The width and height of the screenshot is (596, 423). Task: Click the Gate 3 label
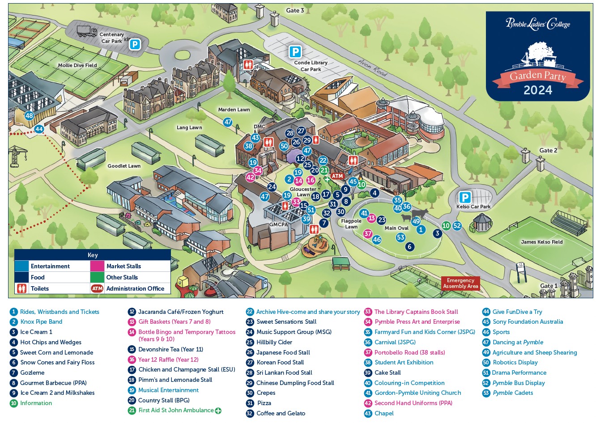pyautogui.click(x=295, y=10)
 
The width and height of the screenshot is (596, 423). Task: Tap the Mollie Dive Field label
pyautogui.click(x=77, y=65)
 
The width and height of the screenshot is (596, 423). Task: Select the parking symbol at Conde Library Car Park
pyautogui.click(x=295, y=51)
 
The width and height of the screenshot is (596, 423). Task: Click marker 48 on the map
pyautogui.click(x=29, y=116)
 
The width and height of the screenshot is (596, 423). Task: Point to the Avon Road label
pyautogui.click(x=372, y=68)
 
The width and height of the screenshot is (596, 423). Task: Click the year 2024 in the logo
pyautogui.click(x=538, y=90)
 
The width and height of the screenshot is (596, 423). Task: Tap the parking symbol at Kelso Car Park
pyautogui.click(x=465, y=198)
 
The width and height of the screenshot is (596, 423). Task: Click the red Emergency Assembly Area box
pyautogui.click(x=460, y=283)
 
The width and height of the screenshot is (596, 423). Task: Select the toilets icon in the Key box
pyautogui.click(x=21, y=288)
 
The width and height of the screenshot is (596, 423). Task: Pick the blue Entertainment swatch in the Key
pyautogui.click(x=21, y=266)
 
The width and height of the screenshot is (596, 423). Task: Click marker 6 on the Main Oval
pyautogui.click(x=410, y=246)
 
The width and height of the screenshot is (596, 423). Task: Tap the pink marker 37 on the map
pyautogui.click(x=368, y=234)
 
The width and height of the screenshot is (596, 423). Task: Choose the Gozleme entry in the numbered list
pyautogui.click(x=27, y=372)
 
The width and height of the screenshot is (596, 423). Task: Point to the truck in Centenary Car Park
pyautogui.click(x=87, y=31)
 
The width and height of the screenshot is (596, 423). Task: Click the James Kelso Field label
pyautogui.click(x=542, y=242)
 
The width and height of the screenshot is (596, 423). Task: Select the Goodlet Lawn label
pyautogui.click(x=124, y=166)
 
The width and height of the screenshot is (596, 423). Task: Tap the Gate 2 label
pyautogui.click(x=548, y=151)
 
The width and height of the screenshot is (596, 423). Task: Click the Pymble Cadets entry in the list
pyautogui.click(x=508, y=393)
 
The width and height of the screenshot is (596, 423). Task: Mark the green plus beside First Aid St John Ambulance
pyautogui.click(x=218, y=411)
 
